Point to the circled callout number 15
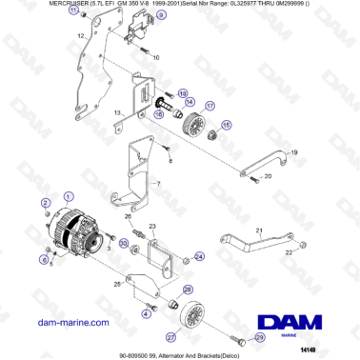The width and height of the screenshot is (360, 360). [x=226, y=125]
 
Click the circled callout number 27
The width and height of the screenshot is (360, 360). [x=170, y=336]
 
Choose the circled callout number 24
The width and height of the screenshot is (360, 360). [x=199, y=256]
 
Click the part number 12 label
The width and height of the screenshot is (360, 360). [x=81, y=36]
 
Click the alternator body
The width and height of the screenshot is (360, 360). [x=79, y=234]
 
